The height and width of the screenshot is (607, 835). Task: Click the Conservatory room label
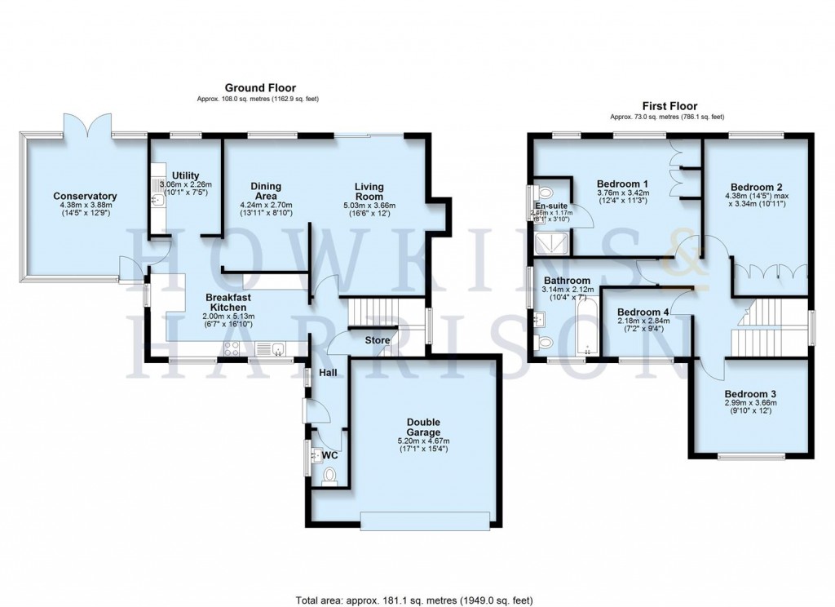point(85,197)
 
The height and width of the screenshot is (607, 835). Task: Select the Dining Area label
point(266,191)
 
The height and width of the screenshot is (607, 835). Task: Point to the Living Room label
point(369,191)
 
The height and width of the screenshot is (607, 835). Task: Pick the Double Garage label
point(423,427)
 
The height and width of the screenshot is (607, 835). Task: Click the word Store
point(378,340)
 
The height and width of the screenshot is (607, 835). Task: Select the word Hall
point(329,373)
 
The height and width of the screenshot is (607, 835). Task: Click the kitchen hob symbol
point(231,349)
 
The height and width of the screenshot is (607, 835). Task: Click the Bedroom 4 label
point(643,312)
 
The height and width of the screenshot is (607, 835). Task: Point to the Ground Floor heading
point(260,88)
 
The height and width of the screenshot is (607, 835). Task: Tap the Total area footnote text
point(417,597)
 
